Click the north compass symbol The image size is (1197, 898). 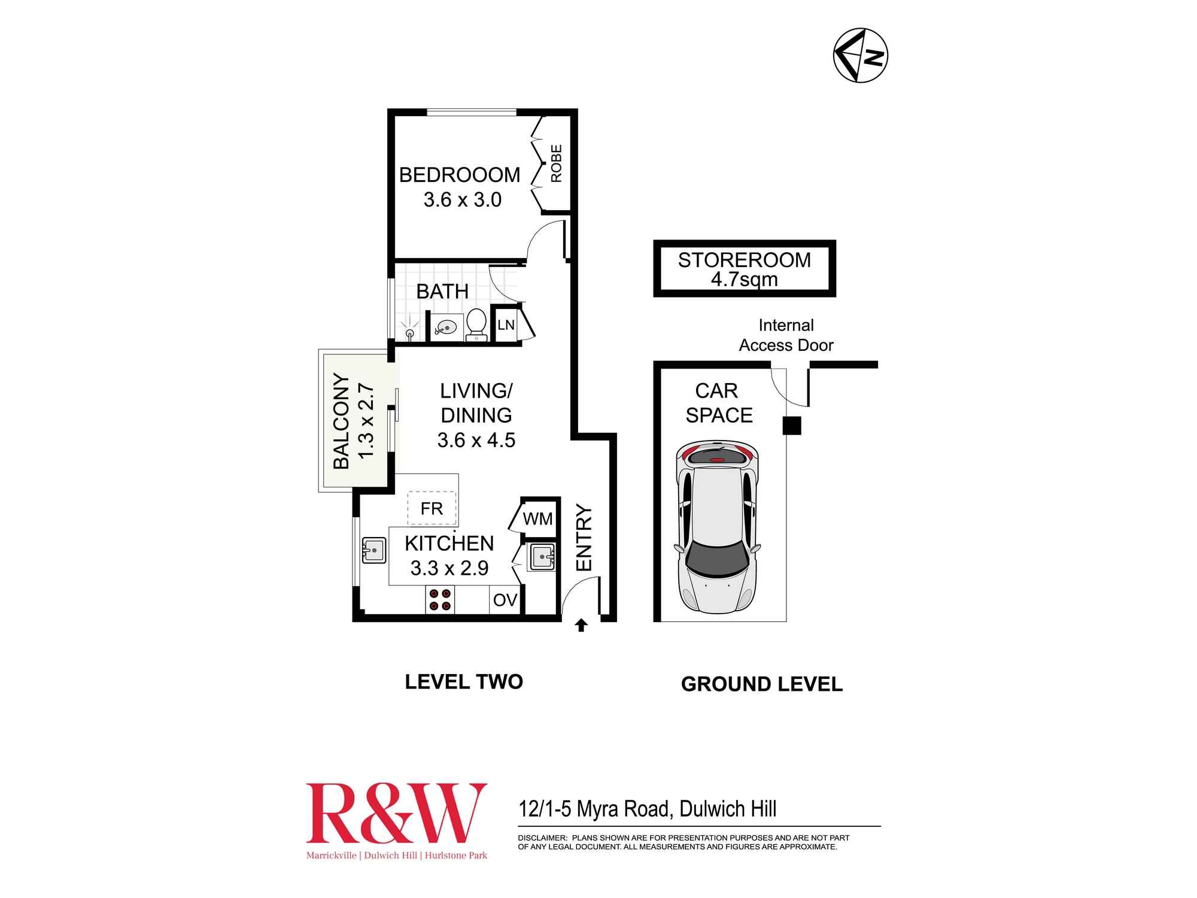click(x=860, y=55)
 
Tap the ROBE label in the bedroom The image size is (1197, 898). click(x=556, y=163)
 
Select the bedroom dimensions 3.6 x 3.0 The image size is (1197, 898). click(x=463, y=200)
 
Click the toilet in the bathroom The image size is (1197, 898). click(x=476, y=324)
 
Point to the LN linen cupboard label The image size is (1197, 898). click(x=506, y=325)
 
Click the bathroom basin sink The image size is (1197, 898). click(x=444, y=328)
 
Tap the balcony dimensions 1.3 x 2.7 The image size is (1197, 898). click(x=366, y=421)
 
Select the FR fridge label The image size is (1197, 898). click(x=432, y=509)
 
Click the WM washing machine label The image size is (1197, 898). click(x=537, y=519)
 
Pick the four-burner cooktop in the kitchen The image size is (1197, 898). click(x=439, y=600)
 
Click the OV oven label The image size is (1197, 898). click(x=505, y=600)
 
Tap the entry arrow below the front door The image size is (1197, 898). click(x=581, y=626)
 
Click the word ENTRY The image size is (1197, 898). click(x=584, y=538)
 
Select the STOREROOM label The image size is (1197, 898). click(x=744, y=260)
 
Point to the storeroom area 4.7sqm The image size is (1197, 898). click(x=744, y=280)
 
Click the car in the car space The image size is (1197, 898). click(x=717, y=527)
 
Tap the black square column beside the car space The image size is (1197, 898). click(x=792, y=426)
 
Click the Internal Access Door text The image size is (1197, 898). click(x=786, y=335)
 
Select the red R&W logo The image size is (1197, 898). click(x=396, y=814)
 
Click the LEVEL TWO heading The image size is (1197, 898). click(x=464, y=682)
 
